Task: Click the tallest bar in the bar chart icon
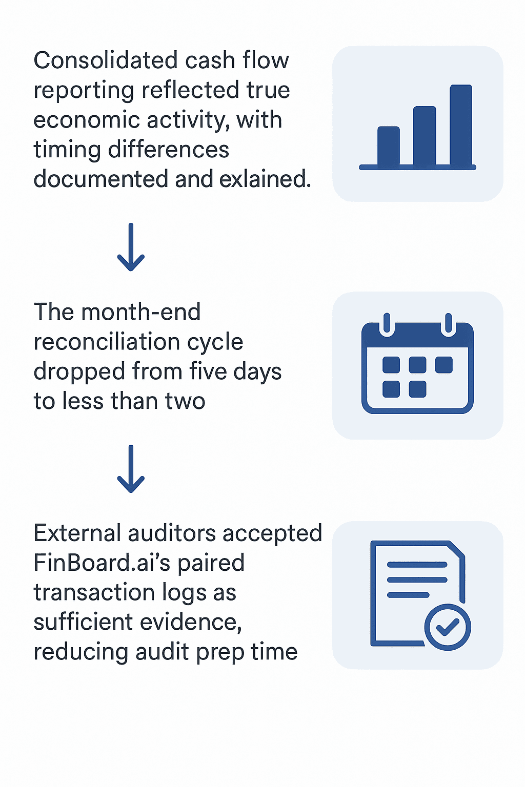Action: (460, 126)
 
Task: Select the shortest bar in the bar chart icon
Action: (389, 147)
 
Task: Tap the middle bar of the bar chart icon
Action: (425, 136)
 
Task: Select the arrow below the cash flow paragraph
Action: (131, 247)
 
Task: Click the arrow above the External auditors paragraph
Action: (131, 469)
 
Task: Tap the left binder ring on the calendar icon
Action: (387, 324)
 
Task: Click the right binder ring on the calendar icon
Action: (449, 324)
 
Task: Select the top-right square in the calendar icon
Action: (443, 365)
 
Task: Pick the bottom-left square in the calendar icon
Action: (391, 389)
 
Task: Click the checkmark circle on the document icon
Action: (448, 627)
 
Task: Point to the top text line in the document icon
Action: (417, 565)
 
